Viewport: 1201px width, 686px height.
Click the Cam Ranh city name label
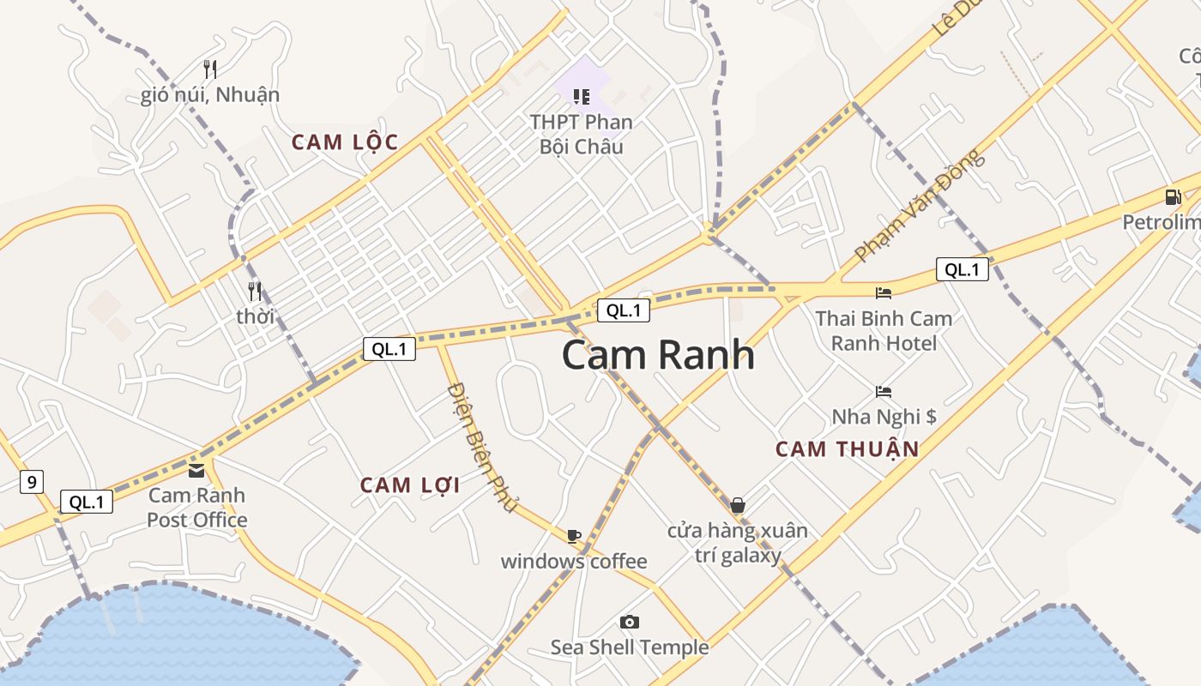[658, 355]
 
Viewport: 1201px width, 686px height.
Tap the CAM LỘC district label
[345, 142]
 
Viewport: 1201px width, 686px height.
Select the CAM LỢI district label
[410, 485]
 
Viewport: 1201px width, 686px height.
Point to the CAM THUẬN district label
[847, 448]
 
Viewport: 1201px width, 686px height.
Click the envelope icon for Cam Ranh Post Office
[197, 470]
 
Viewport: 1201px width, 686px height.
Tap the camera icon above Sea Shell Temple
[630, 622]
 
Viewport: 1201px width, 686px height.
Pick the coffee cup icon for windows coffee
[574, 536]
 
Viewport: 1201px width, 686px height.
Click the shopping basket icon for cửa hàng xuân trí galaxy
[737, 505]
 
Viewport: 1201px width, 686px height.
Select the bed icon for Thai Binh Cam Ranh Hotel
[884, 293]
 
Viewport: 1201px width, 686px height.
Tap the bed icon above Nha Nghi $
[884, 392]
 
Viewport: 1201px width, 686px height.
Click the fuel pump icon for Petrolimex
[1173, 196]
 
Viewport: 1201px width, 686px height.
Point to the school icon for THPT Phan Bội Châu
[582, 97]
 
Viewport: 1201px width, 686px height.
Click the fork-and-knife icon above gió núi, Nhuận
[210, 69]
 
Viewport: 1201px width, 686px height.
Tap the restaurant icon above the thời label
[255, 292]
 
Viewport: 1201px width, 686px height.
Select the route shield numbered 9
[32, 482]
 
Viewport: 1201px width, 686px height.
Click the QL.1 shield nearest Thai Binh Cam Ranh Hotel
[962, 269]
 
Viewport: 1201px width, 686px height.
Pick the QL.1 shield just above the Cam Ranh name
[624, 310]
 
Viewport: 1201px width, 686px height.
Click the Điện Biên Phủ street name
[482, 447]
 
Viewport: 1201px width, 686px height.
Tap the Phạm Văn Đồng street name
[919, 207]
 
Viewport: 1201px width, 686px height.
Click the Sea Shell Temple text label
[630, 647]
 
